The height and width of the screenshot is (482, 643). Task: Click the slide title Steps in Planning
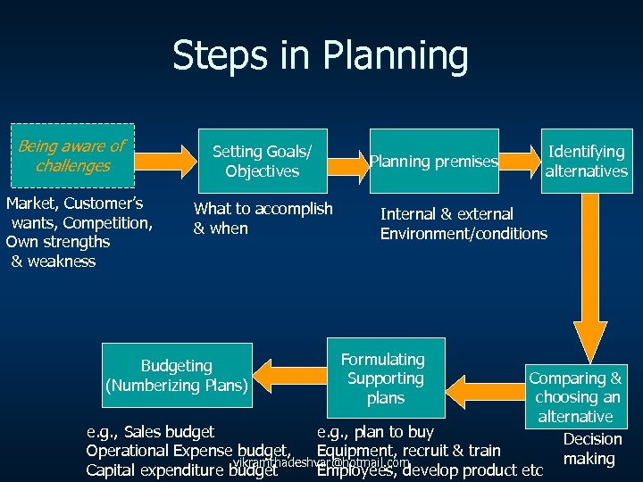point(320,55)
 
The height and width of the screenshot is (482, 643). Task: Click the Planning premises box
point(434,162)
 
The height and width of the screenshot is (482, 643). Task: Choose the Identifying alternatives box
point(587,161)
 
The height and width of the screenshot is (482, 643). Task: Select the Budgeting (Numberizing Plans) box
point(176,376)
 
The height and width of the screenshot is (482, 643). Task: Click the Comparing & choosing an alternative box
point(575,396)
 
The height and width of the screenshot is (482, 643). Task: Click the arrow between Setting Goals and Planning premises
point(340,162)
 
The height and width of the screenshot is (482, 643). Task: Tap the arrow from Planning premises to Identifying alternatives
point(520,162)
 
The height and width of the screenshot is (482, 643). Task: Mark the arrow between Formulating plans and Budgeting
point(292,374)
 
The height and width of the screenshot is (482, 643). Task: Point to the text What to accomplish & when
point(263,219)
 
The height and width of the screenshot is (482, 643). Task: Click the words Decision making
point(592,449)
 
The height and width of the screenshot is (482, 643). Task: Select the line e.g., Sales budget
point(150,432)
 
